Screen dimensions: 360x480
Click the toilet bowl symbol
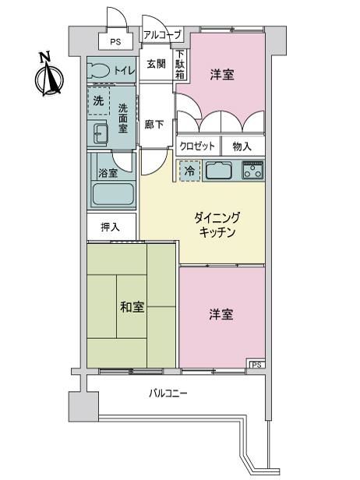click(x=98, y=71)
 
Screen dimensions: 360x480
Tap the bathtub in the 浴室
click(x=113, y=194)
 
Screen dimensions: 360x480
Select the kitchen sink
click(x=218, y=170)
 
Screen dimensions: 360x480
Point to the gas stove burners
click(x=253, y=170)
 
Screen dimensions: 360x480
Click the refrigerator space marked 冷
click(x=189, y=171)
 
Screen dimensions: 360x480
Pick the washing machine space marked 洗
click(x=98, y=101)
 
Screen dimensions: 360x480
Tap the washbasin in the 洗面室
click(x=98, y=133)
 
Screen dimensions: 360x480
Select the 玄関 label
click(x=156, y=64)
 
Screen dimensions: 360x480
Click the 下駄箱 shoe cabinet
click(x=180, y=64)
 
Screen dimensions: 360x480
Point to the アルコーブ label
click(x=162, y=35)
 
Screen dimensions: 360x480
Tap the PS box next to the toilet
click(x=115, y=41)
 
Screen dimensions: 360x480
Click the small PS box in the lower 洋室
click(x=257, y=365)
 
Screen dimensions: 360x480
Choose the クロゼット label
click(x=197, y=146)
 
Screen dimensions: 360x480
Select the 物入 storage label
click(x=242, y=146)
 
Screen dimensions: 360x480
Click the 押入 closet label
click(x=110, y=227)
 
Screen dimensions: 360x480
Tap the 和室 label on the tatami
click(x=132, y=307)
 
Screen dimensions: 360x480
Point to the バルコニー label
click(x=168, y=393)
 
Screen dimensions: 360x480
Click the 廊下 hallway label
click(x=154, y=125)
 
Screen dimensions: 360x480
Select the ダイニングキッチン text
click(x=217, y=225)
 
